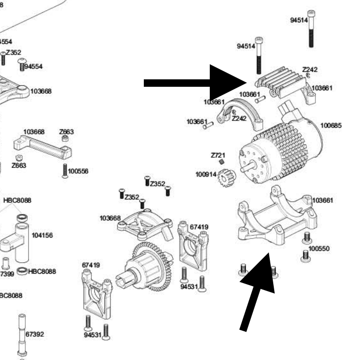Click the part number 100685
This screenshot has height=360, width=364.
pos(331,125)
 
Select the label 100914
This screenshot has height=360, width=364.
pos(204,174)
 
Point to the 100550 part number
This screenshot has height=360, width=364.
pos(319,248)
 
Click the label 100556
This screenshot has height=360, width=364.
pos(78,171)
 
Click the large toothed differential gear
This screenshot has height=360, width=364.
pos(149,265)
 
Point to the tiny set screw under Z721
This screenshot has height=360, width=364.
pos(222,162)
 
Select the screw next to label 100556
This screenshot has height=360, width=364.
pos(64,171)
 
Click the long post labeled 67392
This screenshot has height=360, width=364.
pos(22,335)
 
